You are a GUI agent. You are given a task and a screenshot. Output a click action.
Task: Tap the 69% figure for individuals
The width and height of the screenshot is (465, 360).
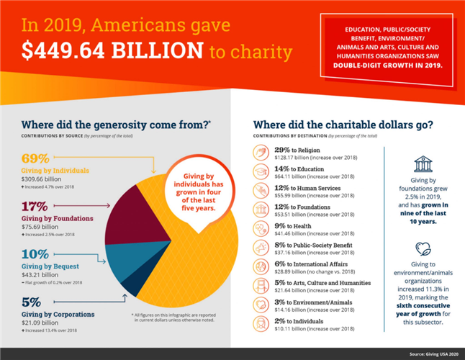[x=35, y=158]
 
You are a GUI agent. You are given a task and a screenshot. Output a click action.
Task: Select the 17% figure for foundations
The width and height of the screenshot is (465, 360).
[x=35, y=206]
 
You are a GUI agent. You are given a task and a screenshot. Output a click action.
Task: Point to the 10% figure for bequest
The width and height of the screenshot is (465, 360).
[x=35, y=253]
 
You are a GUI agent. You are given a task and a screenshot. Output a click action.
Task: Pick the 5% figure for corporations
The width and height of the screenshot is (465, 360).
[x=31, y=302]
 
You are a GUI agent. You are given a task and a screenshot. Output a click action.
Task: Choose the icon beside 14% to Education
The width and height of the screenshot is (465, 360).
[x=262, y=171]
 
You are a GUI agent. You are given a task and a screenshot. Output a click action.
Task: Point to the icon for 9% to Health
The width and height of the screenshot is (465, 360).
[x=262, y=228]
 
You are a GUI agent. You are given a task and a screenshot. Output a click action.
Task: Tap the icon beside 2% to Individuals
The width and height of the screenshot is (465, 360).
[x=262, y=324]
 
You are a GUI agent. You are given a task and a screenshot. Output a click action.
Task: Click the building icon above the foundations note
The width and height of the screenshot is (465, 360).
[x=423, y=163]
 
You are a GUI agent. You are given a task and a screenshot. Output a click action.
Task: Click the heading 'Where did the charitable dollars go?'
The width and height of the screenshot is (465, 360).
[x=343, y=124]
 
